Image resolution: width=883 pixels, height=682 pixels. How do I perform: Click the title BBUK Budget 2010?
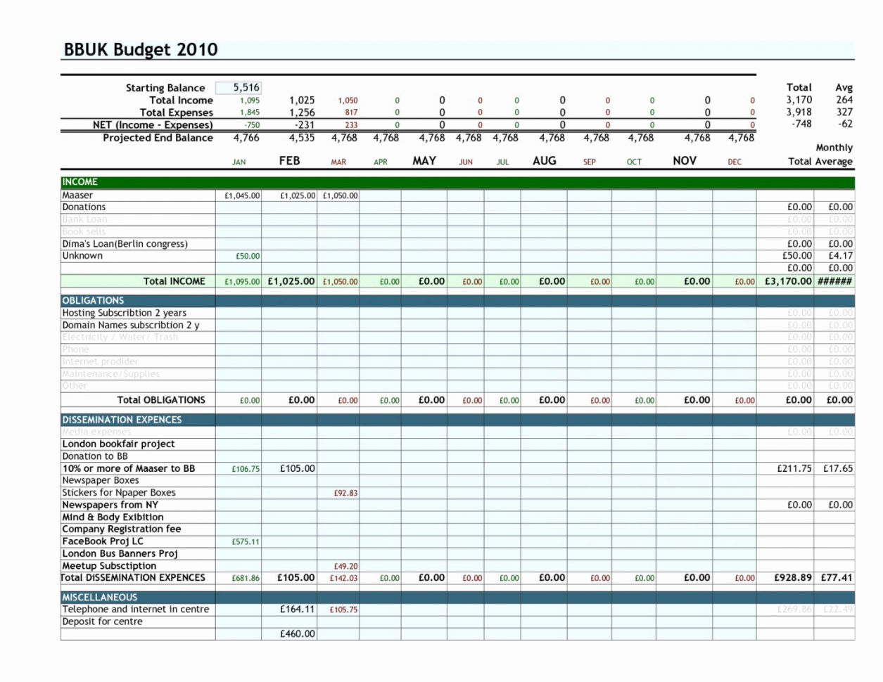(x=141, y=50)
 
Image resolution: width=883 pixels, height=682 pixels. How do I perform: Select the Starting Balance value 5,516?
(x=246, y=88)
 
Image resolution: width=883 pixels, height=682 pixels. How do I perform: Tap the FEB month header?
(x=289, y=161)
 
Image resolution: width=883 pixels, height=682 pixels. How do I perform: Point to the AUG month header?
(x=545, y=161)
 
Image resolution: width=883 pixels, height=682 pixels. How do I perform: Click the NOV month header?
(x=684, y=161)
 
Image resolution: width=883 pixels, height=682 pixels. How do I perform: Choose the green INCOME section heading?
(x=80, y=182)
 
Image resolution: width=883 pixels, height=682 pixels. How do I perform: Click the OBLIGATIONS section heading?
(x=93, y=300)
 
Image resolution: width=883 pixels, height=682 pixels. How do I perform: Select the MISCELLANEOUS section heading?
(x=99, y=597)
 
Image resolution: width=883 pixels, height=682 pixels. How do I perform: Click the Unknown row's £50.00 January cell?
(x=248, y=257)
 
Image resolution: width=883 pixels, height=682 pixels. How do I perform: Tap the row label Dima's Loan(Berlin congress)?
(x=125, y=244)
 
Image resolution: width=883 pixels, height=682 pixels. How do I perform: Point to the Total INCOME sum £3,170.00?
(x=788, y=281)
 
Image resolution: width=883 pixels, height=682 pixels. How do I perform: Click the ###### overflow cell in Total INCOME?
(x=835, y=281)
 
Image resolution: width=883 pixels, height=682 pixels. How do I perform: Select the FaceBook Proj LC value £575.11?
(x=246, y=542)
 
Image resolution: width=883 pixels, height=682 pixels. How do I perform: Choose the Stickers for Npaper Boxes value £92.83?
(x=345, y=494)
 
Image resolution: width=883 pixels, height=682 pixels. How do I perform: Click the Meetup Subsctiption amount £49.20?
(x=345, y=566)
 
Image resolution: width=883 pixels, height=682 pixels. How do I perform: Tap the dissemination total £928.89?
(x=792, y=578)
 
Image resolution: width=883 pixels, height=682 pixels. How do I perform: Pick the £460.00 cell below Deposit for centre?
(x=298, y=634)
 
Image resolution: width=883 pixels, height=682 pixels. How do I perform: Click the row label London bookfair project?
(x=118, y=444)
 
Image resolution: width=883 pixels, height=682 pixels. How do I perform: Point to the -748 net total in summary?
(x=800, y=124)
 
